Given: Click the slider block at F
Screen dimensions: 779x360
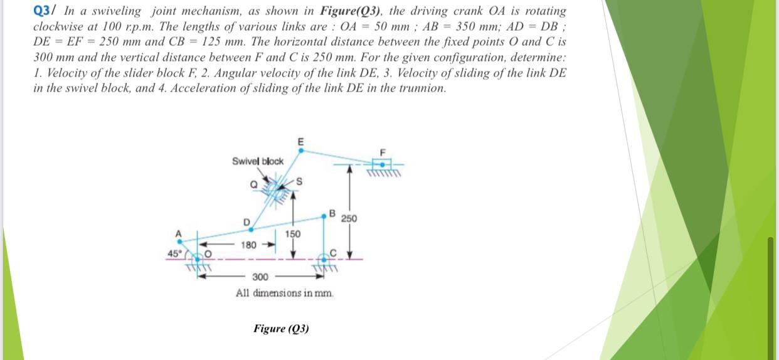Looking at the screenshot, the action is (x=383, y=164).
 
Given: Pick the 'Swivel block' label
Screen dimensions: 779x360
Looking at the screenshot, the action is (x=258, y=161).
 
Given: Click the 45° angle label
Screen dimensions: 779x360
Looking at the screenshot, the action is (x=172, y=253).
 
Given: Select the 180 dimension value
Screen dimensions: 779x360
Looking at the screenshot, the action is (x=249, y=244).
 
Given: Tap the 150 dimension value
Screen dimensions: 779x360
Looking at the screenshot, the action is (x=293, y=234).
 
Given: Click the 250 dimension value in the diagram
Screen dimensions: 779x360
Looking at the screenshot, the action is (x=349, y=218).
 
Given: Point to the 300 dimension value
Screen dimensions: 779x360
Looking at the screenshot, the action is (x=260, y=277).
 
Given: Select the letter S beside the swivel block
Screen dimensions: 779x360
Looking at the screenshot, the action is (x=299, y=182).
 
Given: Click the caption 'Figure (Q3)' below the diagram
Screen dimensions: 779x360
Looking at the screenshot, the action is (x=281, y=329).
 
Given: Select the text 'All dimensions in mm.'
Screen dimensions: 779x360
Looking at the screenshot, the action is (x=285, y=293).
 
